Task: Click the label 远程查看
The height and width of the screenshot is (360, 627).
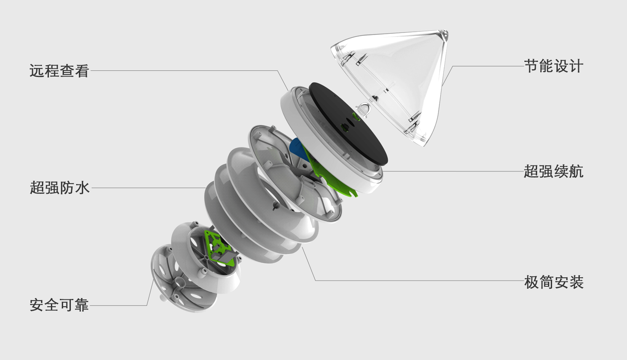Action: (x=59, y=70)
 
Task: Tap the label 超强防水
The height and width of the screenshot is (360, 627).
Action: (x=59, y=188)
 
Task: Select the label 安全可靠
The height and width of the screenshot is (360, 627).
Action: (x=59, y=305)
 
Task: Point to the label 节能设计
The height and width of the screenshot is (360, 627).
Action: (x=554, y=66)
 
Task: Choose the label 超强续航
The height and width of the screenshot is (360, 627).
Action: (x=554, y=171)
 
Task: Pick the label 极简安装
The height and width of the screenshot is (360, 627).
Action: (x=554, y=282)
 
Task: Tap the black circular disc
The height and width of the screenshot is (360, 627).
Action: (x=349, y=123)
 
